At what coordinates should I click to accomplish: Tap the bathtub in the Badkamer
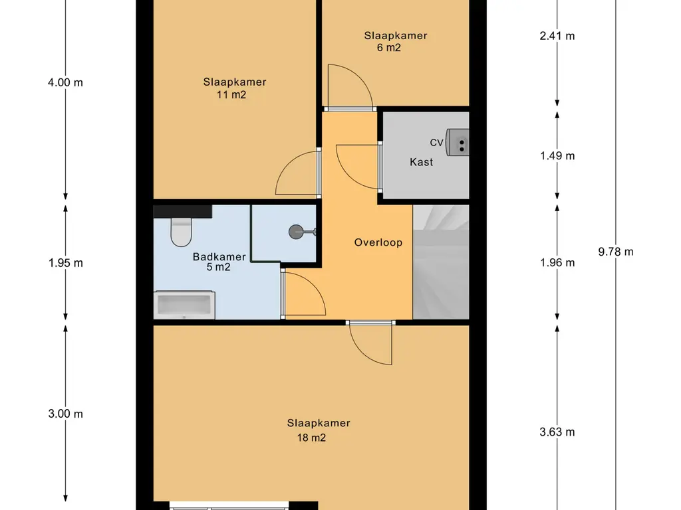184,304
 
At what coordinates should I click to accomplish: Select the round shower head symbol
297,232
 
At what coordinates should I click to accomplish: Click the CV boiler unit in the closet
458,142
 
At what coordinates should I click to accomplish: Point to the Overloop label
378,242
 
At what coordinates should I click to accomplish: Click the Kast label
421,162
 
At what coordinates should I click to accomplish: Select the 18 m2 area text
311,438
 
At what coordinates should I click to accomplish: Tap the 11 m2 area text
231,94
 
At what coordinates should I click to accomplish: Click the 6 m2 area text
388,48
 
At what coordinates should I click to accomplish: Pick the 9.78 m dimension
615,252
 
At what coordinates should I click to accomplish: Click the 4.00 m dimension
65,82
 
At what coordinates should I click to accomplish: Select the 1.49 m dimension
557,155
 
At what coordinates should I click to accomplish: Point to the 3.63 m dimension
557,432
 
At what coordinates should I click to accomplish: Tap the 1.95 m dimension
66,263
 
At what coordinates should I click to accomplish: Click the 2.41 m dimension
557,36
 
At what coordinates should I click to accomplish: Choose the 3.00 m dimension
66,414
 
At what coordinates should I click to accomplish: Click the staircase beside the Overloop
441,262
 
